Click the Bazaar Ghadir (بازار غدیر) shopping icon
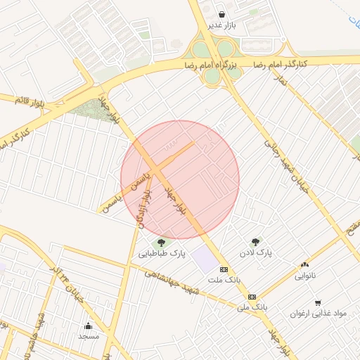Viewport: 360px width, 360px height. [x=222, y=14]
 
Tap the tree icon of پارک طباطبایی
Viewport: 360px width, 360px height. [x=162, y=243]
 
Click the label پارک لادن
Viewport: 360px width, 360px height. [x=255, y=252]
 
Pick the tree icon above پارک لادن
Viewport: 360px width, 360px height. [x=255, y=241]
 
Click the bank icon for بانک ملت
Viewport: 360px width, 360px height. [x=224, y=269]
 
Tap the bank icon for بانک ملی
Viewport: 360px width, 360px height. [x=251, y=297]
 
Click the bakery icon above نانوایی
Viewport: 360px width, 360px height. [x=304, y=265]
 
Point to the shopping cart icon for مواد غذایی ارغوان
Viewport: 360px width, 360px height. [x=318, y=303]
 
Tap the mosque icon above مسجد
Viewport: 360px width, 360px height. [x=89, y=326]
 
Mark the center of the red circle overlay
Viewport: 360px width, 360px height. [x=180, y=179]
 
